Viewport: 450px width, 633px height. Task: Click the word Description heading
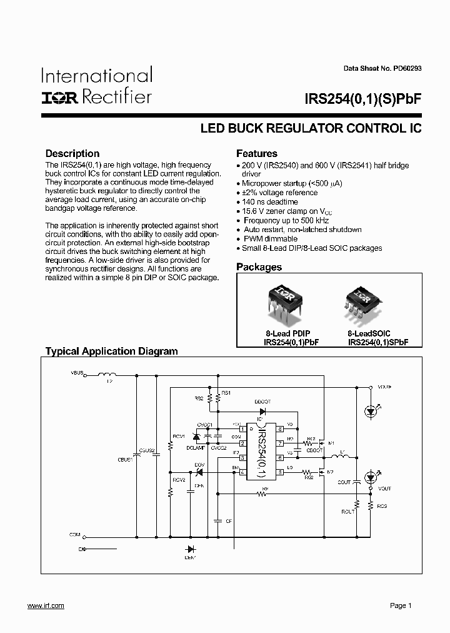[x=72, y=153]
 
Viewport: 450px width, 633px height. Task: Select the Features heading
[x=256, y=153]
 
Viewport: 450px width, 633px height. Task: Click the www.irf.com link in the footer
[x=46, y=605]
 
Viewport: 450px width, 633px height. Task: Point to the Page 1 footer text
[x=401, y=605]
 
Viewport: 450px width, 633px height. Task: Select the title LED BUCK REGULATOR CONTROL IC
[x=311, y=129]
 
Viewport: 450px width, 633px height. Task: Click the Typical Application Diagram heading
[x=111, y=352]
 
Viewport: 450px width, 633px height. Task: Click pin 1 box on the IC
[x=241, y=428]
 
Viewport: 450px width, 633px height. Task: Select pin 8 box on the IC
[x=280, y=428]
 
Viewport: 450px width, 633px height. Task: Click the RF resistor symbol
[x=265, y=494]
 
